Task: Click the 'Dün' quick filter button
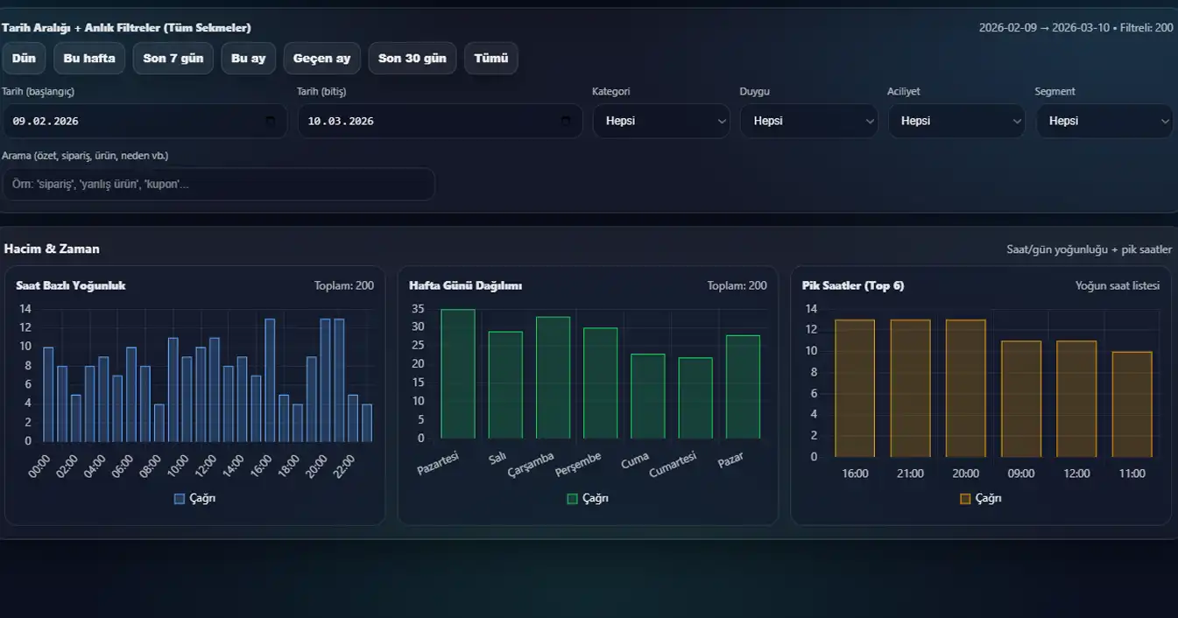[x=25, y=59]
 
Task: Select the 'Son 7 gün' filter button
[x=173, y=59]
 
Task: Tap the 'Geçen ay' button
[x=321, y=59]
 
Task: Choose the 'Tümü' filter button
[x=491, y=59]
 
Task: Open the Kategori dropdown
[x=661, y=121]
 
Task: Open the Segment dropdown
[x=1104, y=121]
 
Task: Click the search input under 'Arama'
[x=218, y=184]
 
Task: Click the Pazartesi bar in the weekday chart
[x=458, y=375]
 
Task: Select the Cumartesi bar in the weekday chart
[x=695, y=398]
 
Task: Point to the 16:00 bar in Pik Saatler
[x=855, y=389]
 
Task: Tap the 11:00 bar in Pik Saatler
[x=1132, y=404]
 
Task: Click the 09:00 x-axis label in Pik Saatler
[x=1021, y=474]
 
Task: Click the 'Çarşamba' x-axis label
[x=532, y=465]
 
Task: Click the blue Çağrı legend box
[x=180, y=499]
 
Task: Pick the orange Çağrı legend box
[x=965, y=499]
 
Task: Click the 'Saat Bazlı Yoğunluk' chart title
[x=71, y=285]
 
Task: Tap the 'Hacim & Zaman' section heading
[x=52, y=249]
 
